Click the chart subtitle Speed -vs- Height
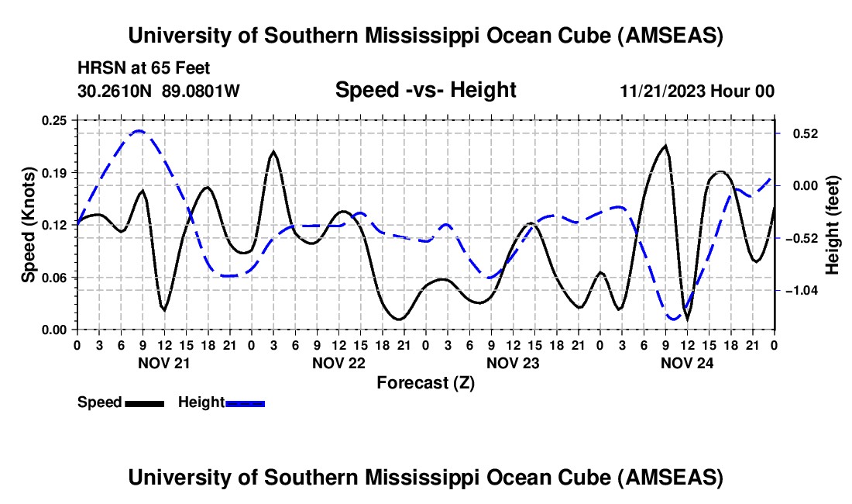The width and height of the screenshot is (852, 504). tap(425, 90)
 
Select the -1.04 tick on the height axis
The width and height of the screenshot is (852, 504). tap(799, 291)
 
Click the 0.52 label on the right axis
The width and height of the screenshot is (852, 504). tap(799, 133)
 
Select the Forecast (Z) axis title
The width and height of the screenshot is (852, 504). tap(425, 382)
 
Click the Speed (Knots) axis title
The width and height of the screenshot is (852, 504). tap(29, 224)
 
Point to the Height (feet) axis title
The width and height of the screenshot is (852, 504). tap(833, 224)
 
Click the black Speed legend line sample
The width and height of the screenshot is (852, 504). tap(143, 402)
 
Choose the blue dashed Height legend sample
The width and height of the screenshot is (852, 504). tap(245, 402)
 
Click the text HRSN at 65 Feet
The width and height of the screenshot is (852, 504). tap(143, 69)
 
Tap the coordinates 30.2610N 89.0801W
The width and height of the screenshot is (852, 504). tap(159, 91)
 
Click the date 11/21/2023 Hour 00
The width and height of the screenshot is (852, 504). tap(696, 91)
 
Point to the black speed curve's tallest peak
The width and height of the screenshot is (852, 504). tap(665, 146)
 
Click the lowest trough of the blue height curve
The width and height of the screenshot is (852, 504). tap(673, 319)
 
